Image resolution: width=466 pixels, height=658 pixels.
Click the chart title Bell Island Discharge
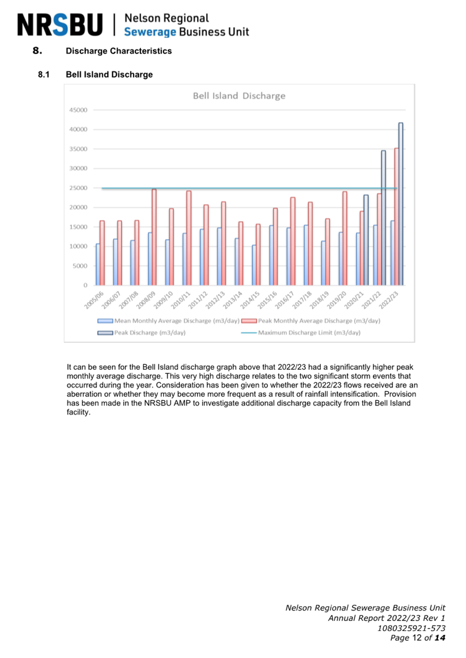(x=239, y=96)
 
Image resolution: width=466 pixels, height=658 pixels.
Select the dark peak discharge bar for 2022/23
(x=400, y=204)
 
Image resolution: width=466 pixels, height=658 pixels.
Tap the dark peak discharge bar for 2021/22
(x=383, y=218)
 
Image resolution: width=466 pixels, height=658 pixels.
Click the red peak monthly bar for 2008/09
(x=154, y=237)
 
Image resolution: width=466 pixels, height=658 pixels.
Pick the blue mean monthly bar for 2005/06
(x=98, y=264)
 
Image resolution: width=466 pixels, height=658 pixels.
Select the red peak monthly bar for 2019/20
(x=345, y=238)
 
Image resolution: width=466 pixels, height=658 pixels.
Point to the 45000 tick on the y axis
(x=78, y=110)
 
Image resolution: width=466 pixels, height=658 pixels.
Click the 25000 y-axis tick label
(x=78, y=188)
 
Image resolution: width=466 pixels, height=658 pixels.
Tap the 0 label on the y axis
(x=85, y=285)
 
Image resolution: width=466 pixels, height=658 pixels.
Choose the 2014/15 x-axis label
(x=251, y=300)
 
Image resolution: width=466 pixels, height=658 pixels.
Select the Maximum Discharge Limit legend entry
(x=300, y=333)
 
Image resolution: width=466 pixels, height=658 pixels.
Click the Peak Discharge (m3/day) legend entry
(x=141, y=333)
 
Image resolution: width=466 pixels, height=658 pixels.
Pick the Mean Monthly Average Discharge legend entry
(x=168, y=321)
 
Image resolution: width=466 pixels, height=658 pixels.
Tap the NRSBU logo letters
(x=60, y=25)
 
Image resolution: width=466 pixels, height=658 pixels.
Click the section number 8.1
(x=44, y=75)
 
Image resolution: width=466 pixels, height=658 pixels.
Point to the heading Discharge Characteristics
(x=119, y=51)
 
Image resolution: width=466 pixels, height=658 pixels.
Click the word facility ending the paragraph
(x=78, y=412)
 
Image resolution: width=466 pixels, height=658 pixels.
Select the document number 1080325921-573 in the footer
(x=411, y=628)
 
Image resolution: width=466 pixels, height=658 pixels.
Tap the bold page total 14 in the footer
(x=440, y=638)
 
